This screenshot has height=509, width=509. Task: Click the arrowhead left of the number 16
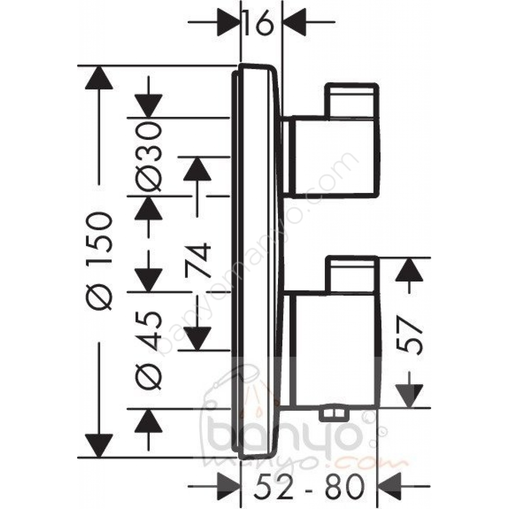click(228, 22)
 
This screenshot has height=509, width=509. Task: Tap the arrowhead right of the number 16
click(294, 22)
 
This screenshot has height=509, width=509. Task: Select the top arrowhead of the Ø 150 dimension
click(99, 78)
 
